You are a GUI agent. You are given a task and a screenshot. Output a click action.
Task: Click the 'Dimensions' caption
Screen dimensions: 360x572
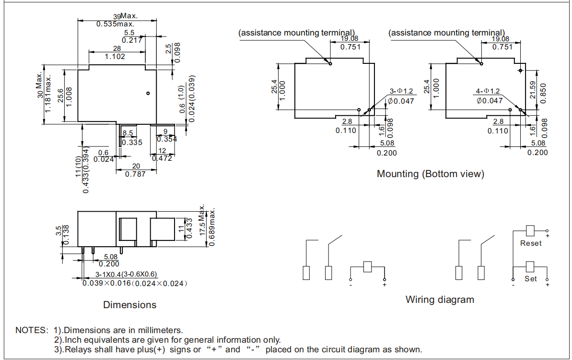click(x=129, y=305)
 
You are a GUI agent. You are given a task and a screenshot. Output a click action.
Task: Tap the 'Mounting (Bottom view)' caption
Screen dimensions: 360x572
click(x=431, y=174)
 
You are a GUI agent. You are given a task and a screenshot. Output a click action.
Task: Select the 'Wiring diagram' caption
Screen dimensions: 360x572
click(x=440, y=300)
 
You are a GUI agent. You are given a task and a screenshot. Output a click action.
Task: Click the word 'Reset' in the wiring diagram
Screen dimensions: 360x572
click(x=531, y=243)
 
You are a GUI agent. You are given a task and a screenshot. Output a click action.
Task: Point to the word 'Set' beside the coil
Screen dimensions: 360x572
click(x=531, y=278)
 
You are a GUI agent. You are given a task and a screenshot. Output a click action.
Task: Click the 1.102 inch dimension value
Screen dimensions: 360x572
click(x=115, y=57)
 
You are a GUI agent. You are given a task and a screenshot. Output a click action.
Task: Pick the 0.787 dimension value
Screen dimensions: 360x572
click(x=135, y=174)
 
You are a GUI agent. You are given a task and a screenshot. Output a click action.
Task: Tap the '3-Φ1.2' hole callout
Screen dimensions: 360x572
click(x=401, y=91)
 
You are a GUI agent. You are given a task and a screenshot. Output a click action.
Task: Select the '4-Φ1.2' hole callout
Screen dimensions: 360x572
click(x=488, y=91)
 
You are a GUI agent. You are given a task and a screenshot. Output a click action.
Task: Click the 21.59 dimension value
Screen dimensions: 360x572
click(x=533, y=90)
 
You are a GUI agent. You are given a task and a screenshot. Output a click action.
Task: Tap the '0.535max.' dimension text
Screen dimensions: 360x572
click(x=116, y=24)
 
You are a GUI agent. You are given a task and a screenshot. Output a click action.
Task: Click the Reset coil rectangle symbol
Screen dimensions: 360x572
click(x=530, y=230)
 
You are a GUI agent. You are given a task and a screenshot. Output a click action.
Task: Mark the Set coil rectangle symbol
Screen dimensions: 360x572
click(x=530, y=266)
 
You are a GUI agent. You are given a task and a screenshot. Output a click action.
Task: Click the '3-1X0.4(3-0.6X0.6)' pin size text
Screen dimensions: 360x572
click(x=126, y=275)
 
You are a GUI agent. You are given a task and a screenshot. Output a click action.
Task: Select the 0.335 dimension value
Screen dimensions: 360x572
click(x=132, y=143)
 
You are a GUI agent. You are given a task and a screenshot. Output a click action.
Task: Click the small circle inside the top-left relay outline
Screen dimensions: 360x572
click(x=148, y=93)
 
